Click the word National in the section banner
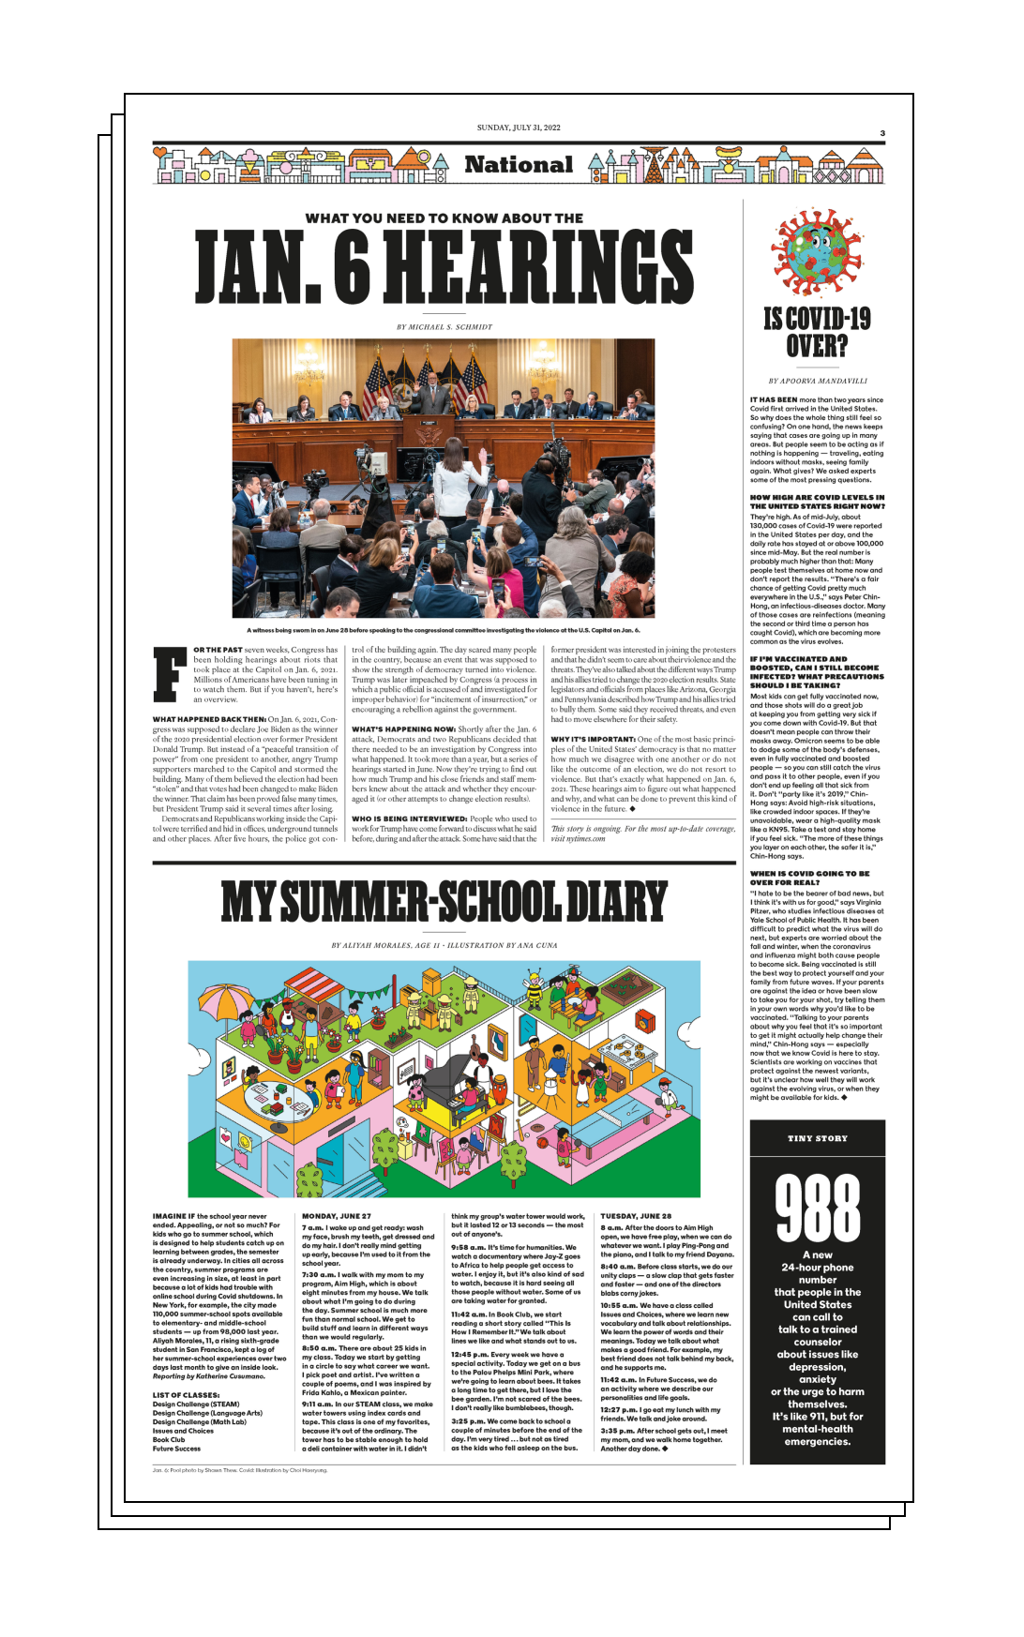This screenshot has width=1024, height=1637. (x=519, y=165)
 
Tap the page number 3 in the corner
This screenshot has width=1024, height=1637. (x=882, y=133)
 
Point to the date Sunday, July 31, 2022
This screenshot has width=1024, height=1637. (x=519, y=128)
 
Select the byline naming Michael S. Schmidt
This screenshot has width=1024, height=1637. (x=444, y=327)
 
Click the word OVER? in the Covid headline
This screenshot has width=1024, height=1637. (x=817, y=347)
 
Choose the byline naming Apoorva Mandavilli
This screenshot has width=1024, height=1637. (x=818, y=382)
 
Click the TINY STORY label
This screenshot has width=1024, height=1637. (x=818, y=1138)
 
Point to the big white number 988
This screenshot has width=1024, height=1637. (x=818, y=1209)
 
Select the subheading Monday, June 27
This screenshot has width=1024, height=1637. (x=337, y=1216)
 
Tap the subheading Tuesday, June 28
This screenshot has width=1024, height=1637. (x=636, y=1216)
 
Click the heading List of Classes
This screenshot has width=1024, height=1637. (x=186, y=1395)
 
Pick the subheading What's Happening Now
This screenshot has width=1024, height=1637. (x=404, y=729)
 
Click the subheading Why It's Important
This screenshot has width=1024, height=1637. (x=594, y=739)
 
